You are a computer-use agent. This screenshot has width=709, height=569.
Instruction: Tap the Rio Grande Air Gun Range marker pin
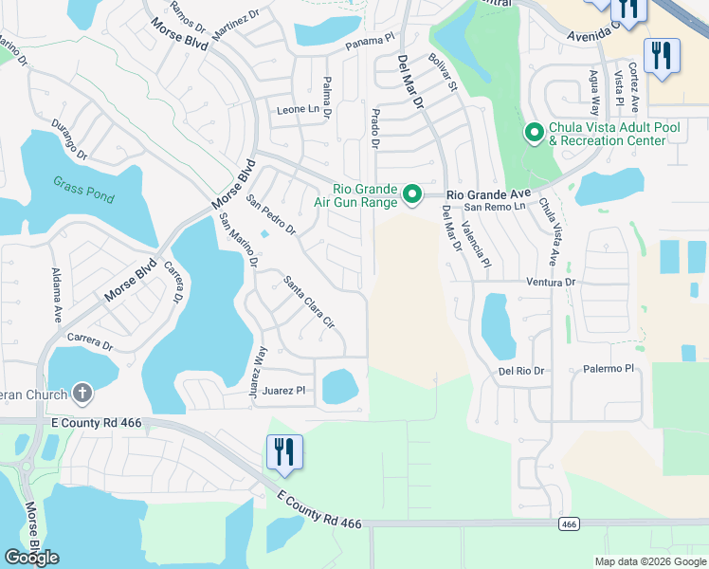pos(412,194)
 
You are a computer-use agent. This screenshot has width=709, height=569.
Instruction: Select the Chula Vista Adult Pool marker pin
pos(534,133)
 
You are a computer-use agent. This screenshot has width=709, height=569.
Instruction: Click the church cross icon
pos(82,394)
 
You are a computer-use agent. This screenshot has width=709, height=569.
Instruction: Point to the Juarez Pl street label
pos(286,390)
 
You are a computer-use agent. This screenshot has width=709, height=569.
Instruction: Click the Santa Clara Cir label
pos(310,302)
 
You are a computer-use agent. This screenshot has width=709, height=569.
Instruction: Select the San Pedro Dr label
pos(271,214)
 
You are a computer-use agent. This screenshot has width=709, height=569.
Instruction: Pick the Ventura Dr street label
pos(551,283)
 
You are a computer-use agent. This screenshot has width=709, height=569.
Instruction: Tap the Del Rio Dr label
pos(522,371)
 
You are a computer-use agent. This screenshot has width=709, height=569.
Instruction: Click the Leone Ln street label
pos(298,110)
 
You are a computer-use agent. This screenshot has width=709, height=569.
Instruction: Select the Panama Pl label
pos(369,42)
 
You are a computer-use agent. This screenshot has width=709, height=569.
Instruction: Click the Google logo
pos(31,558)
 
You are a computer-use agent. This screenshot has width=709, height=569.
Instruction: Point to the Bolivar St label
pos(443,73)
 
